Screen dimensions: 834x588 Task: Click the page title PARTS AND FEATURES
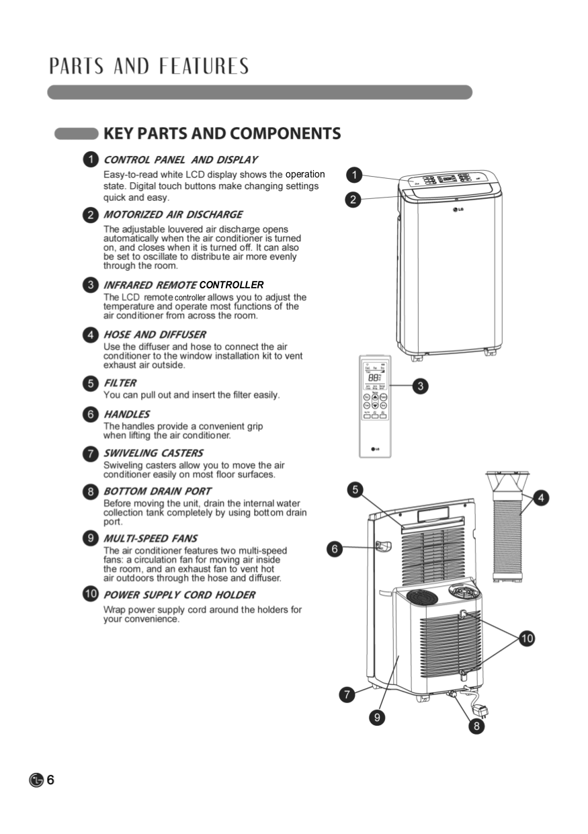coord(149,67)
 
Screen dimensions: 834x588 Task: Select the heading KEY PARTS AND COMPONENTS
coord(222,133)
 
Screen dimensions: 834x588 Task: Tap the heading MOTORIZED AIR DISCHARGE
coord(173,215)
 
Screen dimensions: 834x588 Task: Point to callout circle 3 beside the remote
coord(420,386)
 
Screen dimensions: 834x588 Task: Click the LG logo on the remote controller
coord(375,449)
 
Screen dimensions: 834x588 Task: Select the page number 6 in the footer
coord(50,780)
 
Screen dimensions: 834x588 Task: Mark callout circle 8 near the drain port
coord(476,726)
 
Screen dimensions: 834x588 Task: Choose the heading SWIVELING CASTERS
coord(153,453)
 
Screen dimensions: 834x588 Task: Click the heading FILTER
coord(120,383)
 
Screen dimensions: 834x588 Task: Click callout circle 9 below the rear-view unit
coord(378,718)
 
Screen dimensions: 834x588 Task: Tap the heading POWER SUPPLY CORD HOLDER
coord(179,595)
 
